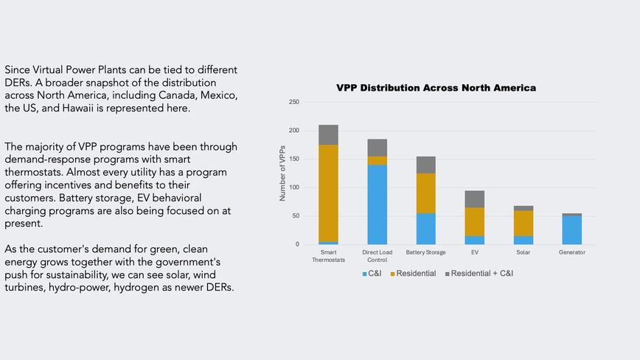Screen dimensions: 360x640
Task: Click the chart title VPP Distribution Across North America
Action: [x=436, y=88]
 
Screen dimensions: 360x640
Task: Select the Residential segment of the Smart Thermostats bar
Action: [x=328, y=192]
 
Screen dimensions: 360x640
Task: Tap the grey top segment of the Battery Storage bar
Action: [x=425, y=165]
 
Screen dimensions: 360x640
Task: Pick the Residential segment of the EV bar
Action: [x=474, y=221]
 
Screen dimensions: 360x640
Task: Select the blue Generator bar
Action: [x=571, y=230]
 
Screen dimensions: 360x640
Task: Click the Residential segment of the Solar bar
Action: [x=523, y=223]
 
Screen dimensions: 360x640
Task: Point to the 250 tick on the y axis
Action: [x=293, y=102]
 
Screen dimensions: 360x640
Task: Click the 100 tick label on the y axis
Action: [x=293, y=187]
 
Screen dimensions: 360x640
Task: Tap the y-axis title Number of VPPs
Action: [x=282, y=173]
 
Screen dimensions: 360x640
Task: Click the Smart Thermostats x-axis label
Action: [x=328, y=256]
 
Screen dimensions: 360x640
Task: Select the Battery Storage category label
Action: [x=425, y=252]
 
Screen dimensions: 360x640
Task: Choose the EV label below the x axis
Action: [x=474, y=252]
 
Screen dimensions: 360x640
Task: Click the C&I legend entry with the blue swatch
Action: [x=372, y=273]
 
